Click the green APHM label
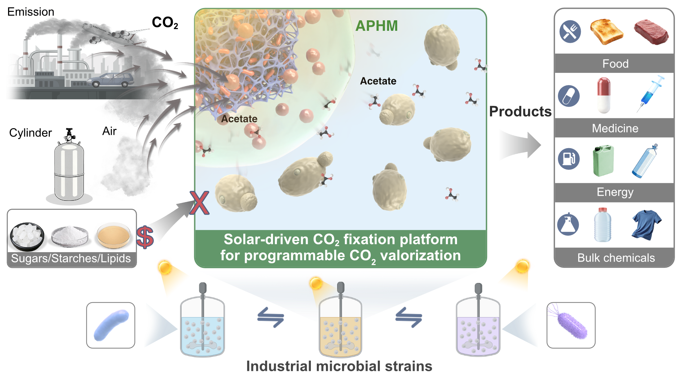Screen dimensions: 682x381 click(x=376, y=26)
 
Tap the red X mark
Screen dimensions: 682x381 click(x=199, y=203)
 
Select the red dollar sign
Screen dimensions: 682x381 click(x=145, y=237)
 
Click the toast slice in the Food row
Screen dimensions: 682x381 click(x=607, y=32)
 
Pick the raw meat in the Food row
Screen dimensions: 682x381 click(x=651, y=32)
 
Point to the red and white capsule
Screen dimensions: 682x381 click(x=603, y=95)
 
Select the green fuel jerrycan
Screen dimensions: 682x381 click(x=603, y=161)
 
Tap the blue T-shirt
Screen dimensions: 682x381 click(x=647, y=225)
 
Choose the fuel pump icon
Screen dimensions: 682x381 click(x=569, y=159)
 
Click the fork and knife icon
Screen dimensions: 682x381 click(x=570, y=32)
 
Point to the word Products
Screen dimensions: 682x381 click(x=520, y=111)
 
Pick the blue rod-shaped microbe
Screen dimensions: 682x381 click(x=111, y=325)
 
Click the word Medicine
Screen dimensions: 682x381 click(x=615, y=128)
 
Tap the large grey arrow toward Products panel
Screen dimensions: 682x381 click(x=520, y=145)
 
